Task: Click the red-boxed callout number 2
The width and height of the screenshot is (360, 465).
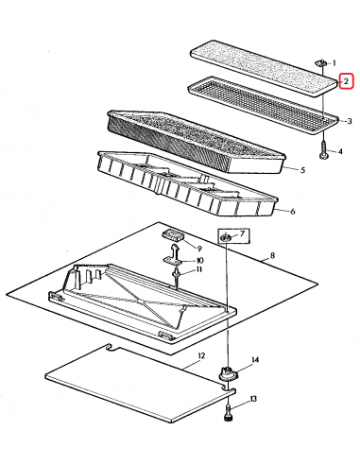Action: [346, 81]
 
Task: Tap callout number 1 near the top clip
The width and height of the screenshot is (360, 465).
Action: [334, 63]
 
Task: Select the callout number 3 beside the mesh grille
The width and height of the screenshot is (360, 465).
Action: [349, 121]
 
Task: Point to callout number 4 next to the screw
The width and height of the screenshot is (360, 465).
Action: [340, 151]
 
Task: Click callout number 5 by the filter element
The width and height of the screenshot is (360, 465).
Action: [302, 170]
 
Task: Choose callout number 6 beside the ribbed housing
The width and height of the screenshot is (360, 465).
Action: [293, 211]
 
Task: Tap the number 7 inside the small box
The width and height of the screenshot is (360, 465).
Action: [242, 233]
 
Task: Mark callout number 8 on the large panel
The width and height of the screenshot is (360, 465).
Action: [272, 255]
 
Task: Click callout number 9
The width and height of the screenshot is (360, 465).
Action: [199, 249]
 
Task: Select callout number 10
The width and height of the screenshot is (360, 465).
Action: [199, 260]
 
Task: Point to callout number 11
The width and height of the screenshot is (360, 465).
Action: [199, 269]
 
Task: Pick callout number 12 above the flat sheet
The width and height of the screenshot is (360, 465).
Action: [201, 356]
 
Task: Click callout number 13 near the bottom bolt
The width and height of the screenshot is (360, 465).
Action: [253, 399]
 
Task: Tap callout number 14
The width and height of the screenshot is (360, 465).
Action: [255, 359]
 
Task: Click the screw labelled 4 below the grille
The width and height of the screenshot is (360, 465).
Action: [323, 150]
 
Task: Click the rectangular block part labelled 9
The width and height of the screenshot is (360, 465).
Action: [173, 235]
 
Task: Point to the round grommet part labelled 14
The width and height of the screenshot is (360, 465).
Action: [229, 374]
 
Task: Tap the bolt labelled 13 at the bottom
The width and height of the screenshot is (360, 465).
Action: [228, 413]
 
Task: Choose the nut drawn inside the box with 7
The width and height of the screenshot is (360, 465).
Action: [226, 237]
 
